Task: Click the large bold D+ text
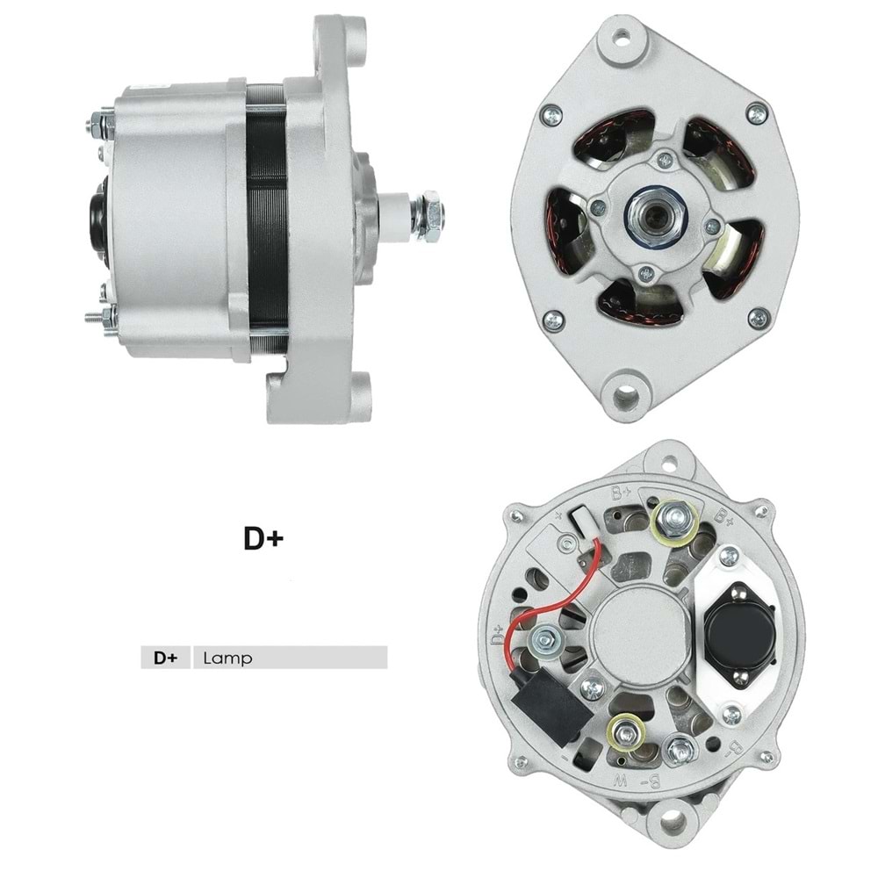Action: [263, 538]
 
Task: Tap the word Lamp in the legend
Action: [227, 658]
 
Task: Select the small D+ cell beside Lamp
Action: [165, 658]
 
